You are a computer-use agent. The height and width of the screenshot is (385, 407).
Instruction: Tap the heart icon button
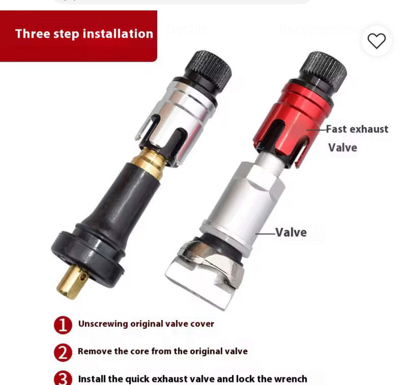[x=376, y=41]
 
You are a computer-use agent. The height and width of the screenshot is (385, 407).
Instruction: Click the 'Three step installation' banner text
[x=84, y=34]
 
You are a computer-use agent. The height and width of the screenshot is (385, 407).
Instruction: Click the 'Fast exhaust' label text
[x=357, y=129]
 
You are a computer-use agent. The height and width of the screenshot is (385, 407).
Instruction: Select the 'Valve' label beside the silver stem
[x=291, y=233]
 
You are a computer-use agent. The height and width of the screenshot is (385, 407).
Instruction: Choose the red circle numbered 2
[x=63, y=352]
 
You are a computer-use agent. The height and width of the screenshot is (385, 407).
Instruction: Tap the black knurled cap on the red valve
[x=323, y=68]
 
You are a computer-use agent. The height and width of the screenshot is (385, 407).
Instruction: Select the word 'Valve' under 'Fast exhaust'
[x=342, y=148]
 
